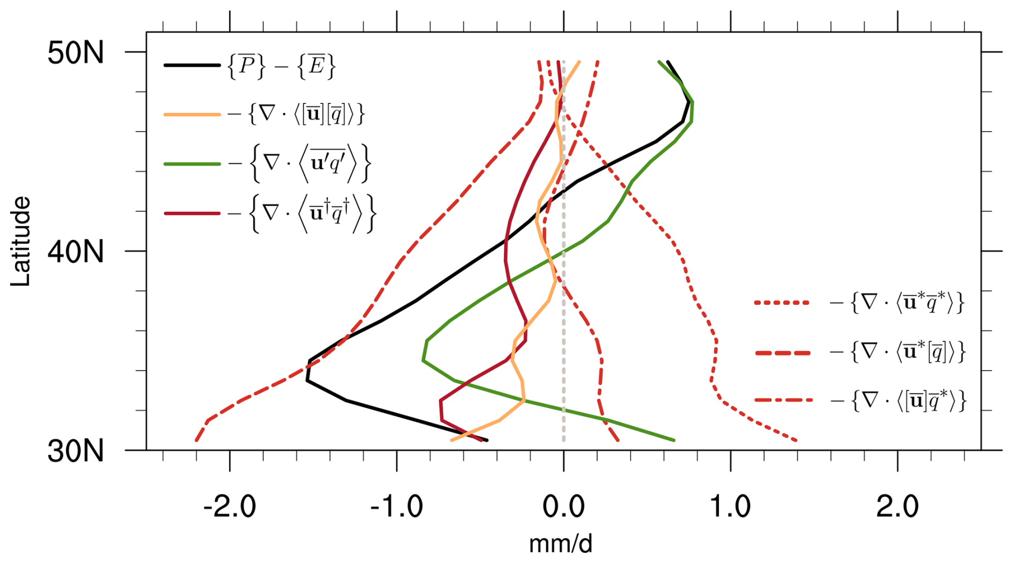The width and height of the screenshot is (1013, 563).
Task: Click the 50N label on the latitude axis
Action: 75,54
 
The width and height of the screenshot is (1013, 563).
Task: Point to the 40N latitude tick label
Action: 75,252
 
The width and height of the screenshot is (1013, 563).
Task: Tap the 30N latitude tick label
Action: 75,452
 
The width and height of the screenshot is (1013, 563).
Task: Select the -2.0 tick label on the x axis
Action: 230,506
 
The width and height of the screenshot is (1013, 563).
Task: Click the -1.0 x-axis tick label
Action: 397,506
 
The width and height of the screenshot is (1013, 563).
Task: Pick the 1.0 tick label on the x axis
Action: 730,506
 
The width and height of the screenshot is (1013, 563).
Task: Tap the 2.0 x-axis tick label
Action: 897,506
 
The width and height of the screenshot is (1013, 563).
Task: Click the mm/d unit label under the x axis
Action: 561,544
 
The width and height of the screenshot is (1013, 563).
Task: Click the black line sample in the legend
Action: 192,65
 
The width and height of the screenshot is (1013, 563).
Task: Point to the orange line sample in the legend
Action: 192,114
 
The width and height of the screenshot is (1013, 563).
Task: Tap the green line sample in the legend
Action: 192,163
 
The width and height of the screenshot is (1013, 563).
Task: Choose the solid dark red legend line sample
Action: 192,213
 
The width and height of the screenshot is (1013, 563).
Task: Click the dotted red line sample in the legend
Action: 782,303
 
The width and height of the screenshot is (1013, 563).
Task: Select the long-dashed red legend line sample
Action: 782,352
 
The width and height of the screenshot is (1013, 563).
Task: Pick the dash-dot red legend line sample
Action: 782,400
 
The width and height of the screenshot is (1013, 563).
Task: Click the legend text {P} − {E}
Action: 282,66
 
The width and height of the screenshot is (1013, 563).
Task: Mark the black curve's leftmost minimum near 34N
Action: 307,380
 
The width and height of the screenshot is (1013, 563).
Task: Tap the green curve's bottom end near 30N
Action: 673,440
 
